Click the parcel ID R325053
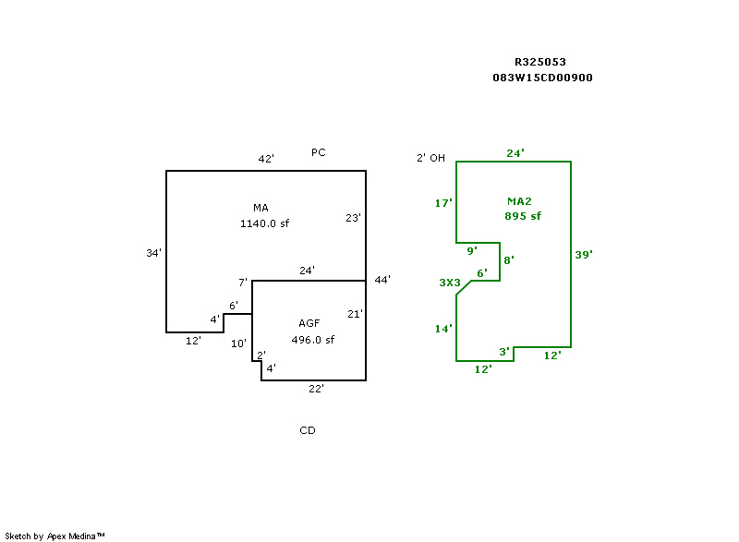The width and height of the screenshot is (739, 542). (x=540, y=62)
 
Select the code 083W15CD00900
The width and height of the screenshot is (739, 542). (x=543, y=78)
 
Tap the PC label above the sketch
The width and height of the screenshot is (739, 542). (x=318, y=152)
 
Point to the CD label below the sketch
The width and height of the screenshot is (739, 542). (x=308, y=430)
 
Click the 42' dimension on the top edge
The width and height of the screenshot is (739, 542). (x=266, y=159)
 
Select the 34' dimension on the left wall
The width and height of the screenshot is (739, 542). (x=154, y=252)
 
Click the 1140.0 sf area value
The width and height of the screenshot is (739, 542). (x=266, y=223)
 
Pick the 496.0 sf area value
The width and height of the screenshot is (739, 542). (x=313, y=340)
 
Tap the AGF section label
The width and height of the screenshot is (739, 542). (x=309, y=323)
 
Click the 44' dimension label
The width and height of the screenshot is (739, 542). (x=382, y=280)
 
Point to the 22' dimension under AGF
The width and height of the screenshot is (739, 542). (x=316, y=389)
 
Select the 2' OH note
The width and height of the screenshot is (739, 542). (x=430, y=158)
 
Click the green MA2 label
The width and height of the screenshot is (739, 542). (x=520, y=201)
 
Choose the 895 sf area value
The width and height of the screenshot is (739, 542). (x=523, y=216)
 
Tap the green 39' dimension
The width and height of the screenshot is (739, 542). (x=583, y=255)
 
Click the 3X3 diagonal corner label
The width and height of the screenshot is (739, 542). (x=449, y=283)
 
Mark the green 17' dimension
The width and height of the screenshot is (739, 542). (x=443, y=203)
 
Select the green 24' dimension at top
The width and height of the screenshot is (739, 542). (x=515, y=153)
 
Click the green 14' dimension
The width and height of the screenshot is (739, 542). (x=443, y=329)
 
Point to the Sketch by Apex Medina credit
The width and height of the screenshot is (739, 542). (x=55, y=536)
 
